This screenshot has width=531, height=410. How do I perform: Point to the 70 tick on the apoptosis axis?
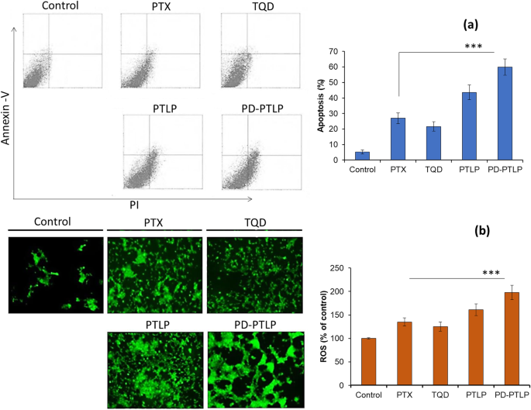(x=338, y=52)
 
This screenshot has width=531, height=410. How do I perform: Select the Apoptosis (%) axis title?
(x=320, y=105)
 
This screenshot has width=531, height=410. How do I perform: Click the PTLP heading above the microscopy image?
(x=154, y=322)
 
